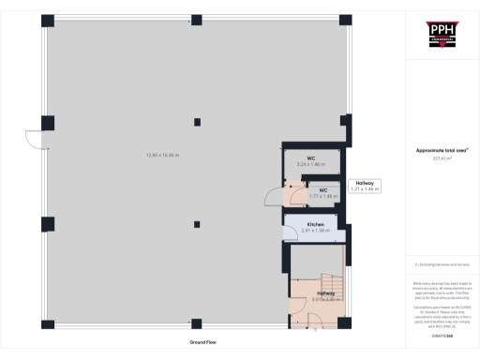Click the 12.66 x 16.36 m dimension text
coord(162,155)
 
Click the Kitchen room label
coord(314,227)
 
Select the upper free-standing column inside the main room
coord(196,120)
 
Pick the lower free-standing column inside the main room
coord(196,223)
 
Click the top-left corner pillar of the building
coord(47,21)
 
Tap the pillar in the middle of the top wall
coord(196,21)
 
